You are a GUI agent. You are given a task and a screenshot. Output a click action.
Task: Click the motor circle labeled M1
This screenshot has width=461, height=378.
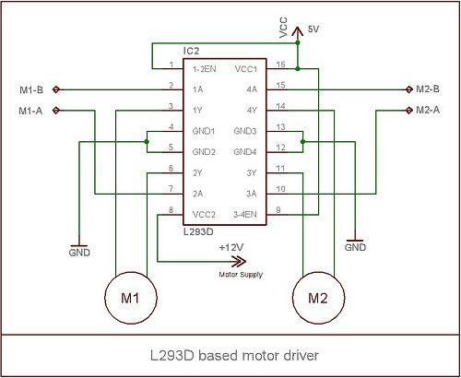pos(131,298)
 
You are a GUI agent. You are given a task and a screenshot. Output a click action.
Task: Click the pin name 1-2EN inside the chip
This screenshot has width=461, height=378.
pos(205,69)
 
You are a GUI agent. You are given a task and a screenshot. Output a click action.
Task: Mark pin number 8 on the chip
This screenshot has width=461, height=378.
pos(171,209)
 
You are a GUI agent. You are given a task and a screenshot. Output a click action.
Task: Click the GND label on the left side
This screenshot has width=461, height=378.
pos(79,252)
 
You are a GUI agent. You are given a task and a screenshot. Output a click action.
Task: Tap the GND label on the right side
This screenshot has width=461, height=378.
pos(355,247)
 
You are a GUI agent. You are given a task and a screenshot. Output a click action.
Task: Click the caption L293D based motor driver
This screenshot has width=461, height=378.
pos(229,355)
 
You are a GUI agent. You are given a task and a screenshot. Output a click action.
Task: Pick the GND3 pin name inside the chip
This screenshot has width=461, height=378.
pos(245,131)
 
